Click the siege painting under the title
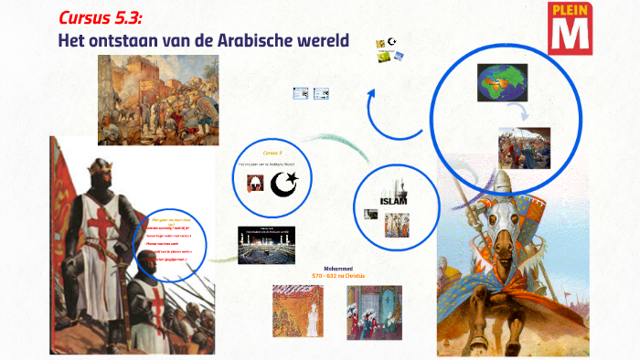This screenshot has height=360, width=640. pos(158,100)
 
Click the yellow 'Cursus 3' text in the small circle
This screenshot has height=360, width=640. pos(273,153)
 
